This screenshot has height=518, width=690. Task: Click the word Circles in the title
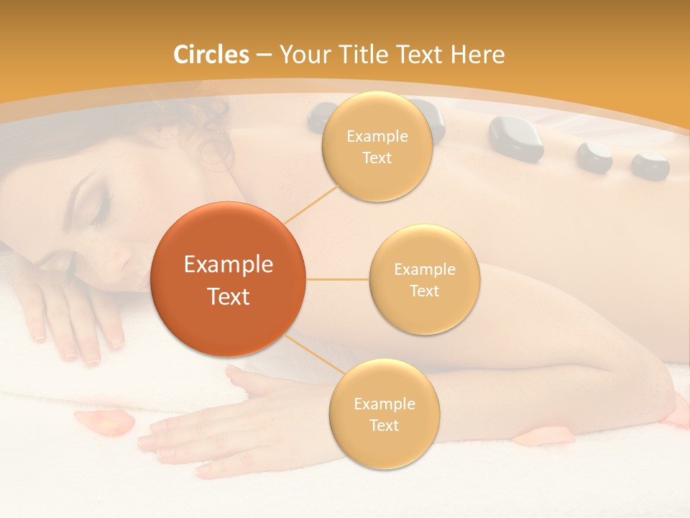pyautogui.click(x=211, y=55)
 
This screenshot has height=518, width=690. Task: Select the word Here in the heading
pyautogui.click(x=477, y=55)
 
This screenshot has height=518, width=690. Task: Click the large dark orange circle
pyautogui.click(x=229, y=279)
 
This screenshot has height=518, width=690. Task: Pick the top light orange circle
pyautogui.click(x=377, y=147)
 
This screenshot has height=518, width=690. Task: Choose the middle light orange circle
pyautogui.click(x=424, y=279)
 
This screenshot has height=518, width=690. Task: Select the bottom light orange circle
pyautogui.click(x=384, y=414)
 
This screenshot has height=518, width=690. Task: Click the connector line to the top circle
pyautogui.click(x=311, y=204)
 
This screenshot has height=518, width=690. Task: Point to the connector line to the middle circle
pyautogui.click(x=338, y=279)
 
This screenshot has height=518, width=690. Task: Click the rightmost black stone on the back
pyautogui.click(x=650, y=165)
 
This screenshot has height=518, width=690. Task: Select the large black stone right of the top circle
pyautogui.click(x=515, y=137)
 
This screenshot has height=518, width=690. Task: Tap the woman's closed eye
pyautogui.click(x=98, y=209)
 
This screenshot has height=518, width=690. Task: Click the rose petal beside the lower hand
pyautogui.click(x=104, y=422)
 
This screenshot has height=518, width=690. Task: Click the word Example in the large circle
pyautogui.click(x=229, y=265)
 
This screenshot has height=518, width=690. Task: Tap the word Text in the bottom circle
pyautogui.click(x=384, y=425)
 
